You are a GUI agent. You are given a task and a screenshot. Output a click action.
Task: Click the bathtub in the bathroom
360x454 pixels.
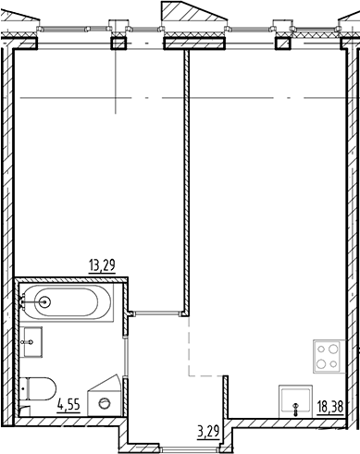pos(65,301)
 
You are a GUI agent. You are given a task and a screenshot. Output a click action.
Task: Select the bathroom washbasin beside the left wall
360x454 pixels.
pos(32,342)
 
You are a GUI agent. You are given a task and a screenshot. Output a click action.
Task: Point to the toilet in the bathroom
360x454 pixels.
pos(41,387)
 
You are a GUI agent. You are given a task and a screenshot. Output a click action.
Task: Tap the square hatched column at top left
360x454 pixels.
pos(118,43)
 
